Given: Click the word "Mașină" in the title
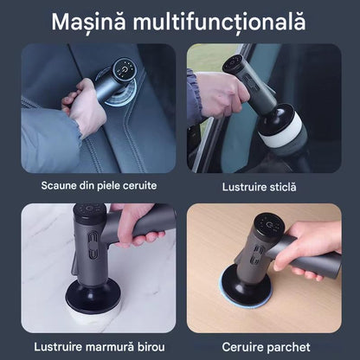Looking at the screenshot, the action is (x=88, y=22).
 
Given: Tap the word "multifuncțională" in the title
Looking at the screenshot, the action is (x=219, y=22).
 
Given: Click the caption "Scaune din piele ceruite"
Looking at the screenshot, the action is (x=99, y=185).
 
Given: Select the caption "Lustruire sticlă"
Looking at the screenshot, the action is (x=259, y=187).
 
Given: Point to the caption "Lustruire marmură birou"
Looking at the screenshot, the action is (x=100, y=347).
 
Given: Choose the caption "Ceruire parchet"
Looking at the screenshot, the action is (x=266, y=347).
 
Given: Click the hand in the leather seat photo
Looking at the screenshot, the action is (x=84, y=106).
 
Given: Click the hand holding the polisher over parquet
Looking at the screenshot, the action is (x=309, y=249).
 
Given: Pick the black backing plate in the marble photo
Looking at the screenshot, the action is (x=93, y=292).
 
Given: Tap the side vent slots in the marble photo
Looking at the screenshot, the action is (x=93, y=245).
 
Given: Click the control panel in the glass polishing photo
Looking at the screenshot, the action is (x=235, y=64).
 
